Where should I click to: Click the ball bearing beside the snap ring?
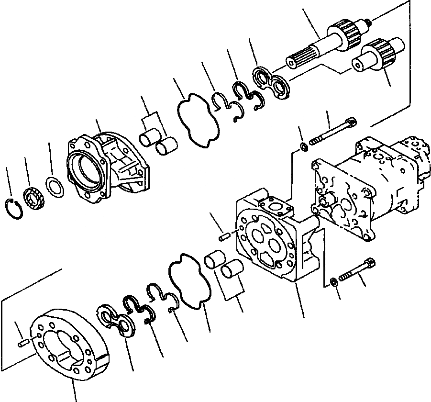(x=34, y=196)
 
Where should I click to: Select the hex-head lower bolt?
(x=357, y=270)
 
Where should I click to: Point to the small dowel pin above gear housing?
(x=224, y=235)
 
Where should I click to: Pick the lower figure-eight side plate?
(x=119, y=320)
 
